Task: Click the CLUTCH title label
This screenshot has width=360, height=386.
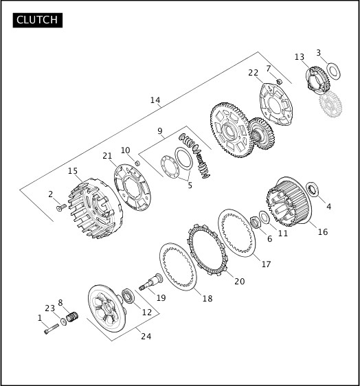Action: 38,20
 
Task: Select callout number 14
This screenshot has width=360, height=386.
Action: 155,100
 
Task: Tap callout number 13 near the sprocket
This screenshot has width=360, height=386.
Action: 300,57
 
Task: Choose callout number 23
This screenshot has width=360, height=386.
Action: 49,308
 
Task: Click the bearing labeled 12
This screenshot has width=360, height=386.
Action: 129,297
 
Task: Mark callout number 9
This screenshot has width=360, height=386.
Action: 159,130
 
